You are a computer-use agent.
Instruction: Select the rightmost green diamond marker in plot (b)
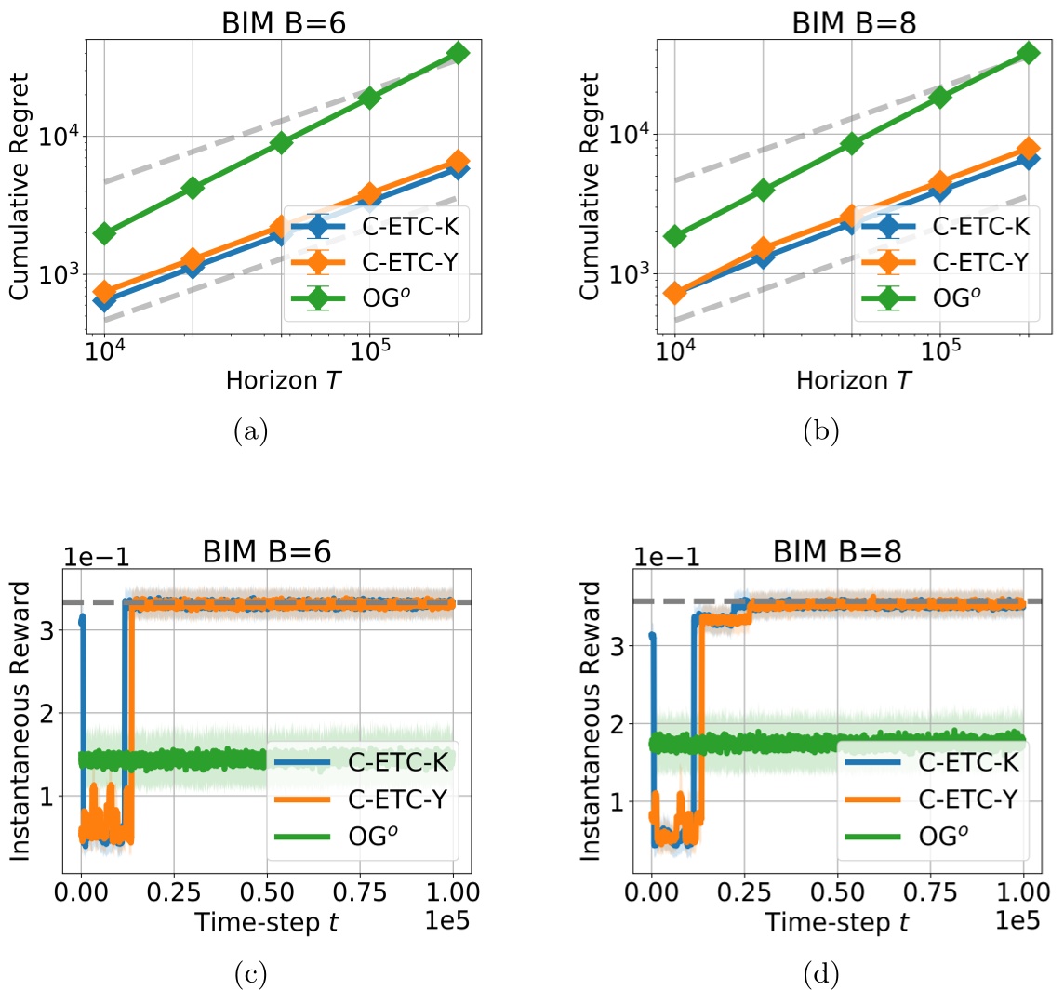1028,53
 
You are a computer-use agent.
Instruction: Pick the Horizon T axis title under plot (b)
851,381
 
